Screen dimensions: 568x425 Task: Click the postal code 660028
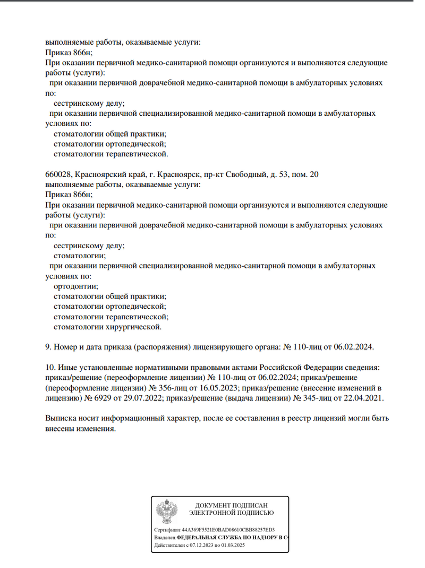coord(58,174)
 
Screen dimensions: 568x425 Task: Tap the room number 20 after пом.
coord(313,174)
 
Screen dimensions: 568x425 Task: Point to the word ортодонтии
coord(72,286)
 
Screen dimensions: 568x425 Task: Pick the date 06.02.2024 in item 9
coord(353,346)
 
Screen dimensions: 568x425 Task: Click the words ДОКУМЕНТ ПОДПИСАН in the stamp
coord(231,505)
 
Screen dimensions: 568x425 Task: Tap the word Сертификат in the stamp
coord(167,530)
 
